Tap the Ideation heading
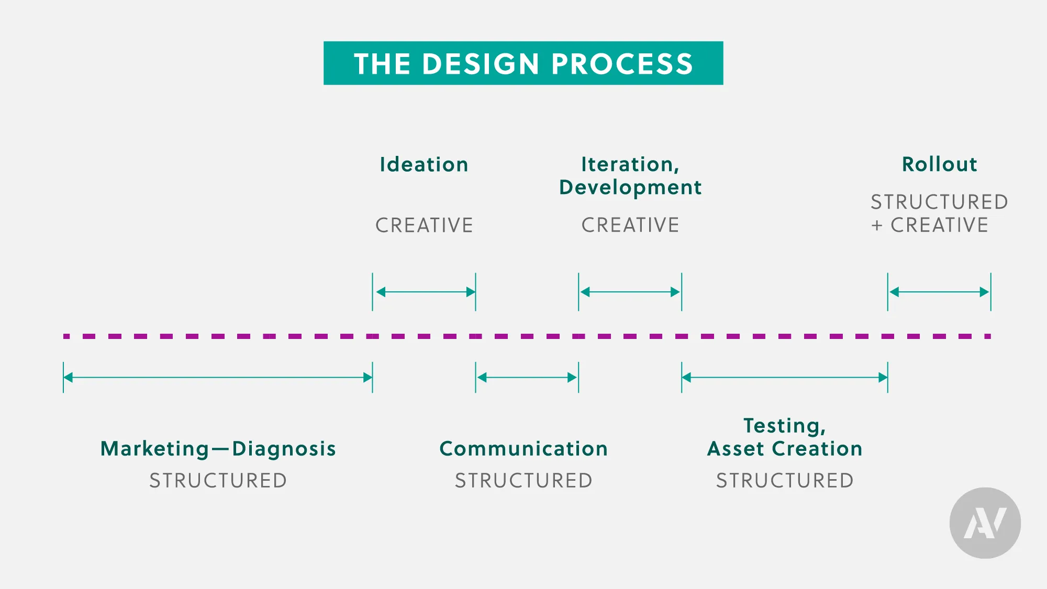(x=424, y=165)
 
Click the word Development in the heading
(x=630, y=187)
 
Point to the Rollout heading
(x=939, y=164)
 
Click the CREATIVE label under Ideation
(x=424, y=225)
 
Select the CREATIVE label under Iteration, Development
(x=630, y=225)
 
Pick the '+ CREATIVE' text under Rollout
(x=930, y=225)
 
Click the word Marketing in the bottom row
(x=155, y=449)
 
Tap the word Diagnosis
(x=284, y=449)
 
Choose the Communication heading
(x=523, y=449)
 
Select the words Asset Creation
(x=784, y=449)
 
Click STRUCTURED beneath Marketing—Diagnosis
(x=218, y=481)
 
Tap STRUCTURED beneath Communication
(x=523, y=481)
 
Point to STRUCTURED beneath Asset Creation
(x=784, y=481)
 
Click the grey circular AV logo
(x=985, y=523)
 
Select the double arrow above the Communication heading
(x=527, y=378)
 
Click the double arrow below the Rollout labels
(x=939, y=292)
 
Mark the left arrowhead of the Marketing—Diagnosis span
(x=68, y=378)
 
